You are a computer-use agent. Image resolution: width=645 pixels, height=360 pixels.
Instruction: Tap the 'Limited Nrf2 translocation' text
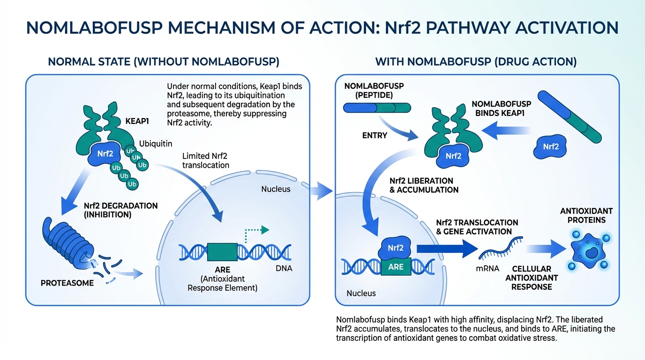coord(206,160)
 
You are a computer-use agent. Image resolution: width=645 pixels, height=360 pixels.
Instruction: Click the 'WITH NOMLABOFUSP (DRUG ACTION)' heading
coord(476,61)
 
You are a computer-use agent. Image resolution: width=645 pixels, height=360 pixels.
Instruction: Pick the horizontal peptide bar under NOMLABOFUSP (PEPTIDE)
coord(377,108)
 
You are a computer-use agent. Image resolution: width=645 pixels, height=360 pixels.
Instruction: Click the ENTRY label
coord(375,135)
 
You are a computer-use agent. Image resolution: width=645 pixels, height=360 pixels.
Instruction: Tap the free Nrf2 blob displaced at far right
coord(551,147)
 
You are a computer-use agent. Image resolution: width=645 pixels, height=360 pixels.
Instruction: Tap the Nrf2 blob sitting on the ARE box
coord(396,247)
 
